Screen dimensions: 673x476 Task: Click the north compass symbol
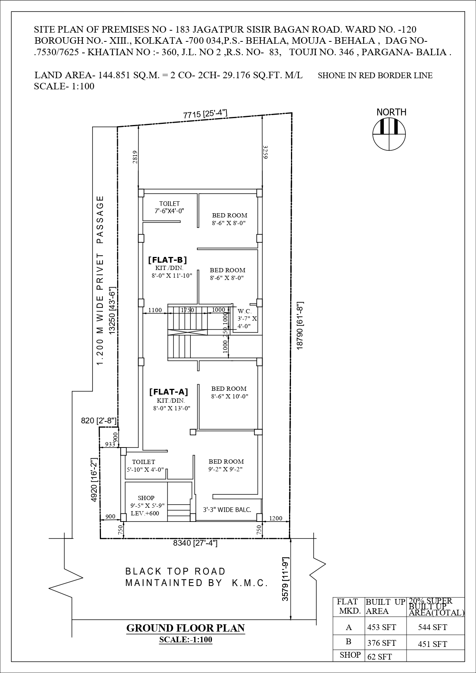(x=389, y=134)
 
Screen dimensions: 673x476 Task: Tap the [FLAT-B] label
(x=167, y=260)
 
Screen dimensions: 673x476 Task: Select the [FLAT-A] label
(x=169, y=392)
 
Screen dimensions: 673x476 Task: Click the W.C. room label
(x=245, y=311)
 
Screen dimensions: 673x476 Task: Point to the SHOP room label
(x=146, y=498)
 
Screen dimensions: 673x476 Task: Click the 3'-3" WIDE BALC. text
(x=227, y=510)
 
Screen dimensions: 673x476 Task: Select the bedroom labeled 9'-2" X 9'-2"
(x=226, y=465)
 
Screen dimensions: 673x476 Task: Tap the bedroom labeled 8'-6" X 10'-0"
(x=229, y=392)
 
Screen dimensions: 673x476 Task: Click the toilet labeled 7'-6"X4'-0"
(x=169, y=207)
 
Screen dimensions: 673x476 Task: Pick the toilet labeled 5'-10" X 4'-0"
(x=144, y=466)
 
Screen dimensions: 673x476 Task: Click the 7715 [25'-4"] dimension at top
(x=205, y=114)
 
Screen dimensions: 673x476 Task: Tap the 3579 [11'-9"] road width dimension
(x=285, y=579)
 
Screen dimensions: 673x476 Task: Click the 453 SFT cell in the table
(x=381, y=627)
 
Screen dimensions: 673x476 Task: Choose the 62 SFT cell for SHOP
(x=379, y=657)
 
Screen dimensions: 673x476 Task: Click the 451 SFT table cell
(x=432, y=644)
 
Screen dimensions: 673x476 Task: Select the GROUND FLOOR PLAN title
(x=185, y=628)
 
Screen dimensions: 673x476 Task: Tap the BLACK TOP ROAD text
(x=175, y=571)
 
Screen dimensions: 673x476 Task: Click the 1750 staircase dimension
(x=187, y=310)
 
